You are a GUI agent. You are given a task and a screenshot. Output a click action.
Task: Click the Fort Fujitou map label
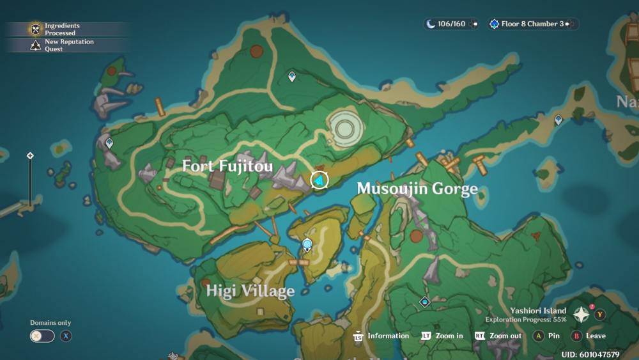227,166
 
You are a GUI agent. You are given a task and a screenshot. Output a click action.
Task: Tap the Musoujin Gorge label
417,189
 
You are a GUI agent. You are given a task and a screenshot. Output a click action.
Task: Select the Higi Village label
250,292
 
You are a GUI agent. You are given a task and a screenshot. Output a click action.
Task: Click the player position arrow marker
319,180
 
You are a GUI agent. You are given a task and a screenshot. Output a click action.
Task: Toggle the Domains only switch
42,336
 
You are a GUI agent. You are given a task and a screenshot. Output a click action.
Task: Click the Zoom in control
442,336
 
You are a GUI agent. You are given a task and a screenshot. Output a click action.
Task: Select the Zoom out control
498,336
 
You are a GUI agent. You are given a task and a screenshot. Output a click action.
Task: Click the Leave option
589,336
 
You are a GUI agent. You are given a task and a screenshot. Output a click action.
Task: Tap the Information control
381,336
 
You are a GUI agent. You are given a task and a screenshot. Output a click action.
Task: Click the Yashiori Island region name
538,311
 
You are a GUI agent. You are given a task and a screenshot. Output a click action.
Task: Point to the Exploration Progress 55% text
525,319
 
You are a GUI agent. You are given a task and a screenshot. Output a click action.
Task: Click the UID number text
590,354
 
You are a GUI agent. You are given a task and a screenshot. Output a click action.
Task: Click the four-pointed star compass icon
581,315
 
